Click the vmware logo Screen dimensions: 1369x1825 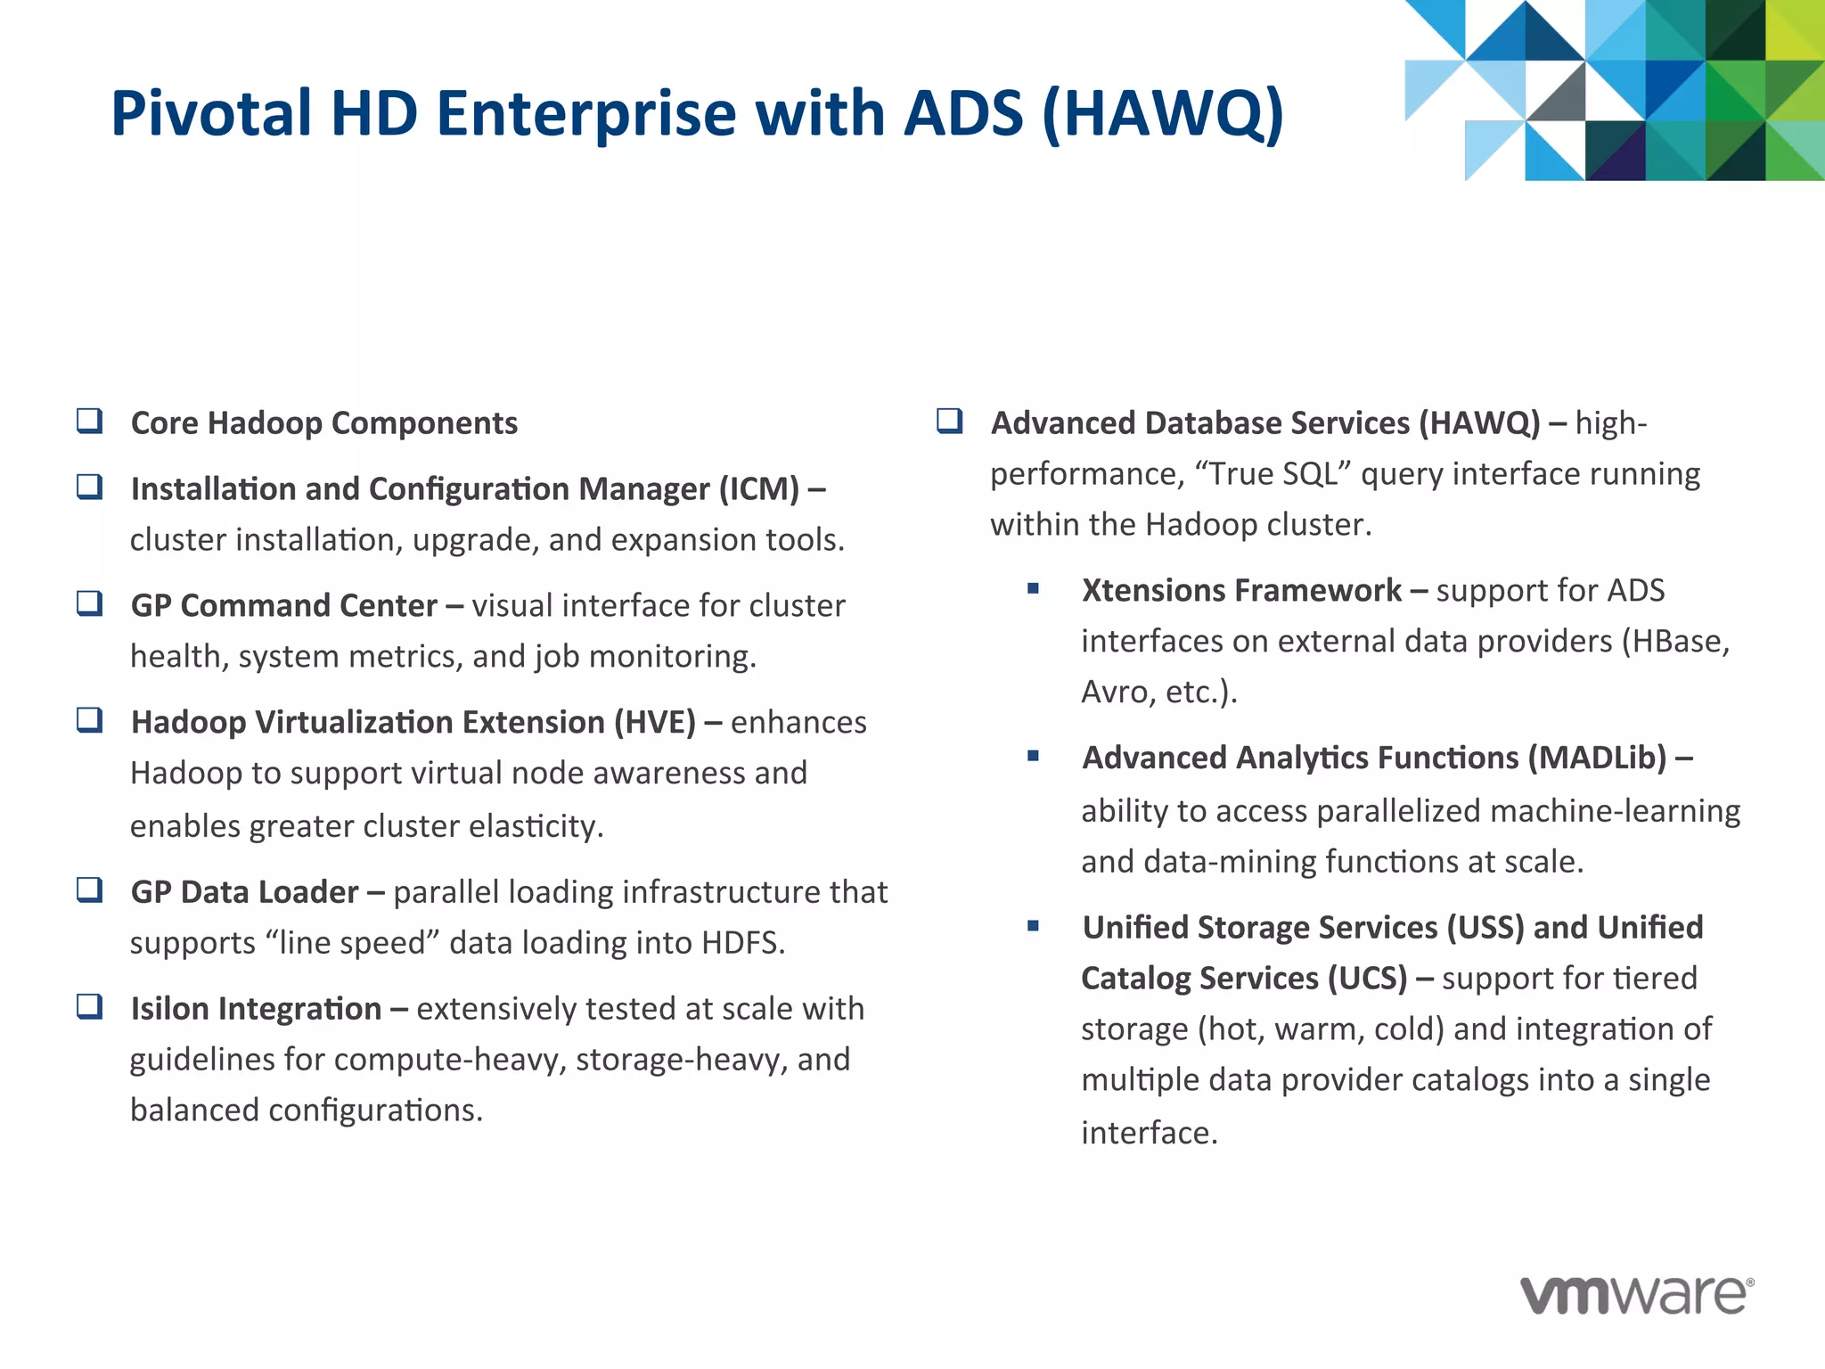click(x=1636, y=1294)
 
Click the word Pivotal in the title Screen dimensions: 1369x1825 click(x=210, y=114)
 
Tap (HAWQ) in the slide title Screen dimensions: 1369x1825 click(x=1162, y=114)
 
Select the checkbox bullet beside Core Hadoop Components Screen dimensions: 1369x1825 click(x=89, y=421)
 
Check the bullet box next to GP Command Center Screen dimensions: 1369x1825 click(x=89, y=603)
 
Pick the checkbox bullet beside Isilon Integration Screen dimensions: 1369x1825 click(x=89, y=1007)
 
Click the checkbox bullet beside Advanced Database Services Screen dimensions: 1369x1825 click(x=950, y=421)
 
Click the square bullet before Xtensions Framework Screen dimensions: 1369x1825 click(x=1033, y=588)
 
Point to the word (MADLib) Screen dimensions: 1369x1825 click(x=1597, y=758)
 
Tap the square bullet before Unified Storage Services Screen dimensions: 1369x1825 click(x=1033, y=926)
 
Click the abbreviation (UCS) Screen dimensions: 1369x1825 click(x=1367, y=979)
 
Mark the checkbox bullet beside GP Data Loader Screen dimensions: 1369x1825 click(x=89, y=889)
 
